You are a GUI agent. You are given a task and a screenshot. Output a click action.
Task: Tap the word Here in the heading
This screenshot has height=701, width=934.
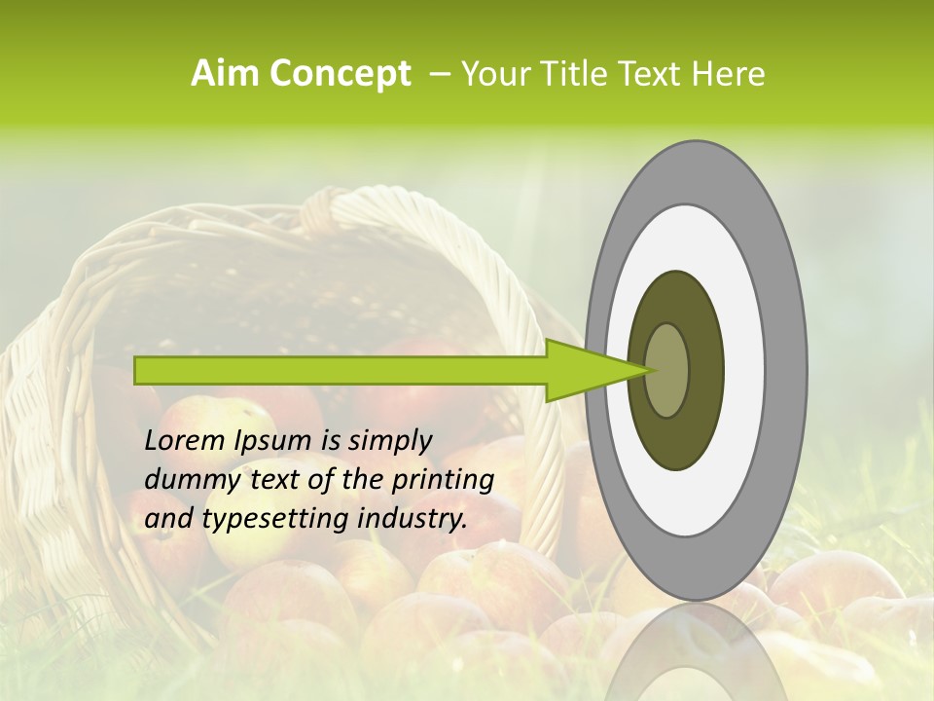coord(729,74)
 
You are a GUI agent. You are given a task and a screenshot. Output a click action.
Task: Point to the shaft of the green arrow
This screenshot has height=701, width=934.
coord(341,370)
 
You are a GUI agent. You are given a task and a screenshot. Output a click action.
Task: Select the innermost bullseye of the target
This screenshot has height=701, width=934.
coord(668,370)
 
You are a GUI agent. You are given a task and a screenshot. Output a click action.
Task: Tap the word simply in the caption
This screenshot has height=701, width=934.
coord(389,441)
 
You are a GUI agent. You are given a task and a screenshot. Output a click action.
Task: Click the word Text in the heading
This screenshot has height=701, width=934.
coord(650,74)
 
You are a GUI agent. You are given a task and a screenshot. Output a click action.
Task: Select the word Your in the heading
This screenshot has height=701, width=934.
coord(493,74)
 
